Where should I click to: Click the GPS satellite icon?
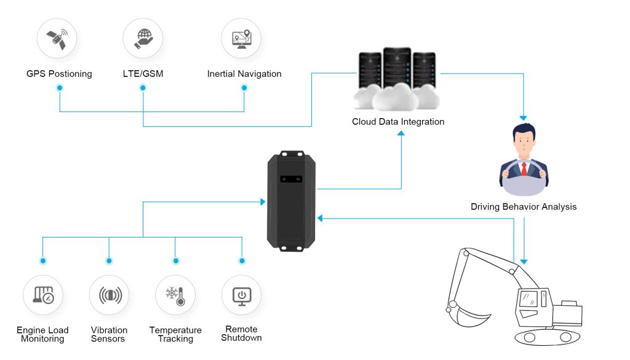[x=57, y=39]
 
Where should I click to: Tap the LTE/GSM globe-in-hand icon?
[x=143, y=39]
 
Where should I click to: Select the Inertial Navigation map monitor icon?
[x=242, y=39]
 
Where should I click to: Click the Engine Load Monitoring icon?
[x=44, y=295]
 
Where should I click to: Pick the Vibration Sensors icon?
[x=110, y=295]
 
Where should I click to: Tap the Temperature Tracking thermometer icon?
[x=175, y=296]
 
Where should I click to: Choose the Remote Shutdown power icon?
[x=242, y=296]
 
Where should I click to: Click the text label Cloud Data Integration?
[x=398, y=122]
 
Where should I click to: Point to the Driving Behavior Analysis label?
[x=524, y=207]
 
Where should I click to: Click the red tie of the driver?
[x=524, y=169]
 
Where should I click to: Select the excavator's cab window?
[x=528, y=299]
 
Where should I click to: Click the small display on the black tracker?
[x=291, y=179]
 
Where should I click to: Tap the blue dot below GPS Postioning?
[x=60, y=87]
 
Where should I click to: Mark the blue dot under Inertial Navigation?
[x=244, y=87]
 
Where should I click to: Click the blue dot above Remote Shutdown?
[x=242, y=261]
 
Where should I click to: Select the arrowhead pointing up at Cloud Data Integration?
[x=401, y=134]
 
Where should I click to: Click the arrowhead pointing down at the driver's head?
[x=523, y=118]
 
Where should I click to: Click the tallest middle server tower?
[x=397, y=68]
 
